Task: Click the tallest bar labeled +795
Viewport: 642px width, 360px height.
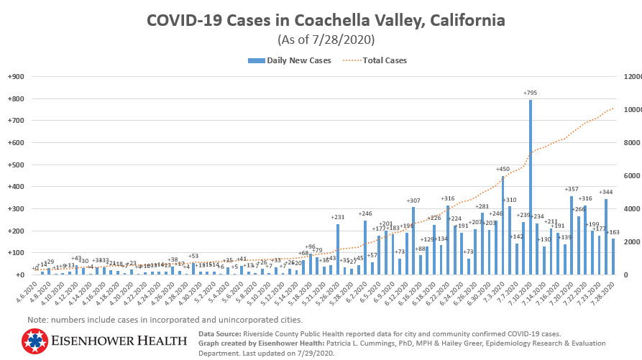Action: [x=531, y=187]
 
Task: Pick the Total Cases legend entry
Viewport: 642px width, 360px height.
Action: [x=382, y=60]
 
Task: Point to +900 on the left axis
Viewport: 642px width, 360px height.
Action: [x=15, y=77]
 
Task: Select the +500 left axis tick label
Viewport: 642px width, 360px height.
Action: [x=15, y=165]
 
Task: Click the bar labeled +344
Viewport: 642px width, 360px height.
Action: [x=606, y=237]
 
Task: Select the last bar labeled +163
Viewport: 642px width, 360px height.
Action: [x=613, y=257]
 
